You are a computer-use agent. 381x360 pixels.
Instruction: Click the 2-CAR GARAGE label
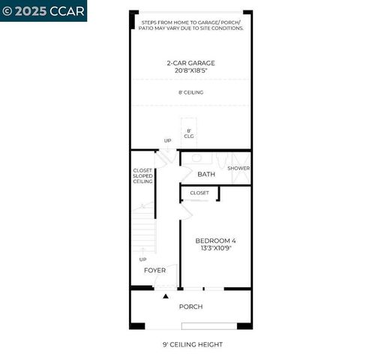(190, 63)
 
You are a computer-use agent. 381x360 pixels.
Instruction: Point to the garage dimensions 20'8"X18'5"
(190, 71)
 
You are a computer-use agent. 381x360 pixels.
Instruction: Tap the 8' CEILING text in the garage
(190, 92)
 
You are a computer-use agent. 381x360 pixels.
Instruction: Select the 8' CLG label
(189, 133)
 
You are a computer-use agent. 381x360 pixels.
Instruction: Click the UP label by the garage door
(168, 140)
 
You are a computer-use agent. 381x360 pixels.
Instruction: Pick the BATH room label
(206, 174)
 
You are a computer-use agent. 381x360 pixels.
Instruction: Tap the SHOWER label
(238, 168)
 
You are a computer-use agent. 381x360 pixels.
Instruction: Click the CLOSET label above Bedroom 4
(199, 193)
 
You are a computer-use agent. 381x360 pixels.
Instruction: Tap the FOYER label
(154, 270)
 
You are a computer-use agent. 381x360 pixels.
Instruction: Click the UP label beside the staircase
(142, 259)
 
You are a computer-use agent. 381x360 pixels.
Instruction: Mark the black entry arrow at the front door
(166, 297)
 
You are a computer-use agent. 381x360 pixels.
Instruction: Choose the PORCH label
(190, 307)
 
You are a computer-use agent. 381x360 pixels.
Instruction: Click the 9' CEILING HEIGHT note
(192, 344)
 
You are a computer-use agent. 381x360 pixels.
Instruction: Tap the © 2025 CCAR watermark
(43, 10)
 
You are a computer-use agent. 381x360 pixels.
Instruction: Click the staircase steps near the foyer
(142, 232)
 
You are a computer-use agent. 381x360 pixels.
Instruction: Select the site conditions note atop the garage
(192, 25)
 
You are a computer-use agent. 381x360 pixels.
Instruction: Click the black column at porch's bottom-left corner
(137, 325)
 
